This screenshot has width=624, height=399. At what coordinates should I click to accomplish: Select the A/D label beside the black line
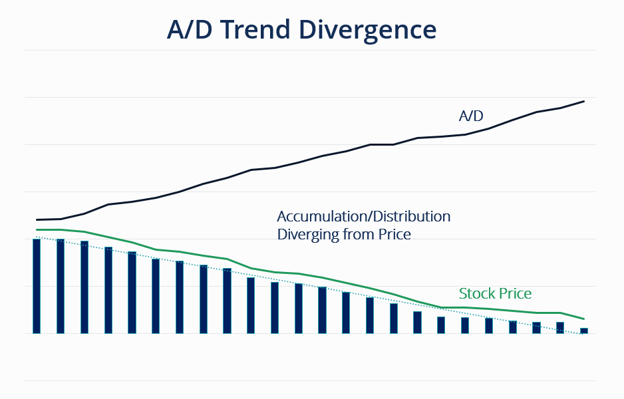point(471,116)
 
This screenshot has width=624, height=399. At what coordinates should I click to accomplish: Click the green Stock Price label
point(495,294)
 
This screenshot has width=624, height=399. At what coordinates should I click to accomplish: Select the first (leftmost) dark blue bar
point(37,286)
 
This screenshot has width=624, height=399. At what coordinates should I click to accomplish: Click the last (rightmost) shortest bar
point(584,330)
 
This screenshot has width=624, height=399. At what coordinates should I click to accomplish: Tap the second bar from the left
point(61,286)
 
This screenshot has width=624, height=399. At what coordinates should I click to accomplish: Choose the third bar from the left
point(84,287)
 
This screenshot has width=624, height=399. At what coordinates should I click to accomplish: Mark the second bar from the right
point(560,327)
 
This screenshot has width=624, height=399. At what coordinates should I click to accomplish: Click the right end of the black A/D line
point(583,102)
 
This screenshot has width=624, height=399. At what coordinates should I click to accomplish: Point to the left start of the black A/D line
point(37,219)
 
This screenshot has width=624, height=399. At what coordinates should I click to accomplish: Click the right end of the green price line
point(583,319)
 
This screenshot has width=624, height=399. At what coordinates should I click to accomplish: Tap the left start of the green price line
point(37,229)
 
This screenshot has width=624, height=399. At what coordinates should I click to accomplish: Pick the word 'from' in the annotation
point(358,235)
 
